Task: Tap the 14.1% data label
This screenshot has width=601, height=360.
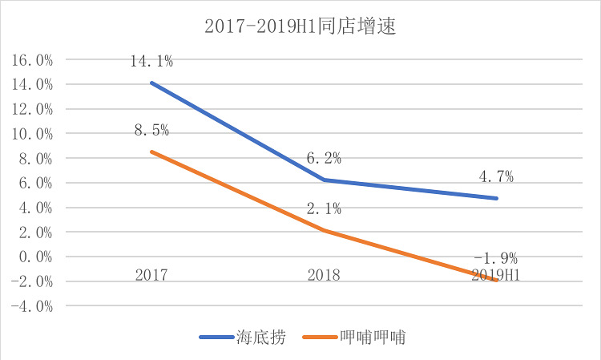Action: click(x=151, y=60)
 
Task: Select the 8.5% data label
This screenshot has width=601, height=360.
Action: click(x=151, y=130)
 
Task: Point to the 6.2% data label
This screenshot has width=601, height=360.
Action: click(x=324, y=159)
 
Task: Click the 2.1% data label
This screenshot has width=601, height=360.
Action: click(x=324, y=209)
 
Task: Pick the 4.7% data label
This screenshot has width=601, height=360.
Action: click(x=496, y=177)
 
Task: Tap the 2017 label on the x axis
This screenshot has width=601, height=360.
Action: click(x=151, y=275)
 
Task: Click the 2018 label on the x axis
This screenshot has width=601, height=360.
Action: click(x=324, y=275)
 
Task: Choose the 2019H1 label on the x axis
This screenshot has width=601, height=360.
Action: click(x=495, y=275)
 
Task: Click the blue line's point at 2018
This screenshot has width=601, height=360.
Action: click(x=324, y=180)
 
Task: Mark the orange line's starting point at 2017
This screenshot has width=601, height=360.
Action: click(x=151, y=152)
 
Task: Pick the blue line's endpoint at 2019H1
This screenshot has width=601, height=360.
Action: click(x=497, y=198)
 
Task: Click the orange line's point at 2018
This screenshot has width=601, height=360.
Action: click(x=324, y=231)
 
